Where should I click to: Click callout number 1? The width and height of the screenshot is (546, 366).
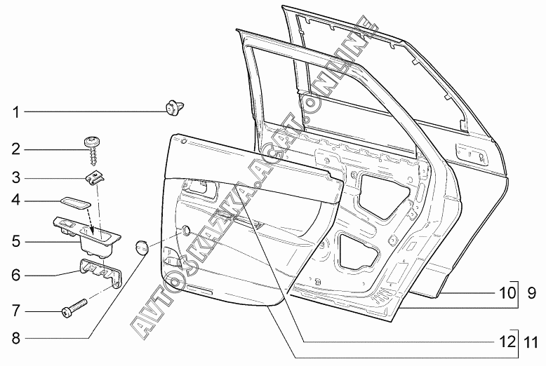click(x=15, y=112)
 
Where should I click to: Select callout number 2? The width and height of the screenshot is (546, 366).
click(x=16, y=149)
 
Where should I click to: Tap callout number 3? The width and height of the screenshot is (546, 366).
click(x=16, y=177)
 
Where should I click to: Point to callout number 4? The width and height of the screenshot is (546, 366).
click(x=16, y=201)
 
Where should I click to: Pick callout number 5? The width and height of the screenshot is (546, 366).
click(x=16, y=241)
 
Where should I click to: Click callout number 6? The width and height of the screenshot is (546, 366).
click(x=16, y=275)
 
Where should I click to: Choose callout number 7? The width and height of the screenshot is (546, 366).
click(x=16, y=311)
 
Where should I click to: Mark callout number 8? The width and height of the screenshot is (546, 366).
click(x=16, y=338)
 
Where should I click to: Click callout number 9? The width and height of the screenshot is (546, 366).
click(x=531, y=293)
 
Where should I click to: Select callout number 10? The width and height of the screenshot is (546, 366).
click(x=507, y=293)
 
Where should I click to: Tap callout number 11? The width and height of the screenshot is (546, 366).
click(x=531, y=343)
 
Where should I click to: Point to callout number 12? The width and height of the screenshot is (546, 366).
click(x=507, y=341)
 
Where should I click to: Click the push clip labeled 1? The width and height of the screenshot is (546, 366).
click(x=174, y=107)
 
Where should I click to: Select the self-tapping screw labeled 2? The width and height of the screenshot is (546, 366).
click(x=93, y=151)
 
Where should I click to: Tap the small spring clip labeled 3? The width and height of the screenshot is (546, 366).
click(x=95, y=179)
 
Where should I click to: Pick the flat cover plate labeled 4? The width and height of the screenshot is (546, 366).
click(x=76, y=203)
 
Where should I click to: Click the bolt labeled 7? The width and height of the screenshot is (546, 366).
click(x=74, y=308)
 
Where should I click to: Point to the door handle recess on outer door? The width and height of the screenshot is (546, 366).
click(x=472, y=154)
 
